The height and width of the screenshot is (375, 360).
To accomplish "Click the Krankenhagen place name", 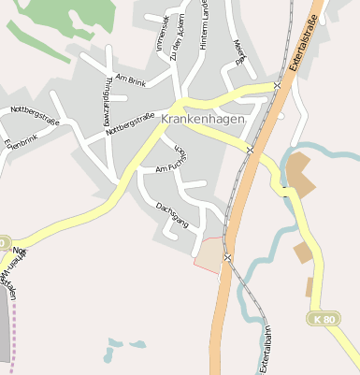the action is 203,120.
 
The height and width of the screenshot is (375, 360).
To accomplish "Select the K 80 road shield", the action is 323,320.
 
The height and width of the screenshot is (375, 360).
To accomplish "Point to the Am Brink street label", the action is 131,81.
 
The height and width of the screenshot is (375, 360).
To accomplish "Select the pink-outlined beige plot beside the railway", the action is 209,254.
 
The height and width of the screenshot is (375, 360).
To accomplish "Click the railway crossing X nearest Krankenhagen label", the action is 250,149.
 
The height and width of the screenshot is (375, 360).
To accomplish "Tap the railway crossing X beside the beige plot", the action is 227,256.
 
